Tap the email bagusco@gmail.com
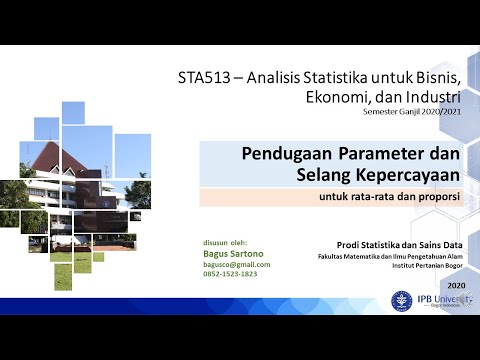[x=236, y=264]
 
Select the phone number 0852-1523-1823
[x=230, y=274]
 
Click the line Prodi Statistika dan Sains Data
[x=397, y=244]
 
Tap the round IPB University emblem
[x=404, y=300]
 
